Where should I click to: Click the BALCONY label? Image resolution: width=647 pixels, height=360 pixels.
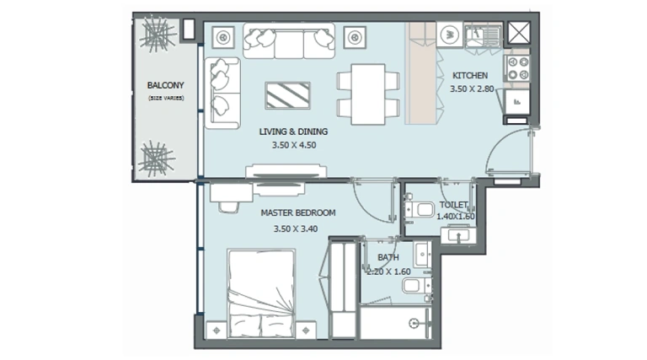tap(165, 85)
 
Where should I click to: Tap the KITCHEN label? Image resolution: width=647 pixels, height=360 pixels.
tap(470, 76)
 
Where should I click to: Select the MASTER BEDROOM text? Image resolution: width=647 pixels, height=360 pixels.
tap(298, 213)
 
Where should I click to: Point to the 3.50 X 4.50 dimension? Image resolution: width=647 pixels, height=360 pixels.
tap(294, 145)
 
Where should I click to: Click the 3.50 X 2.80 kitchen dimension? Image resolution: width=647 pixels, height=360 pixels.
tap(472, 89)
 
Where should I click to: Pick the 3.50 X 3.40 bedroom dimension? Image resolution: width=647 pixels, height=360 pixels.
tap(296, 228)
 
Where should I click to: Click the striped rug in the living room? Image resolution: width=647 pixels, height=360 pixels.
tap(287, 95)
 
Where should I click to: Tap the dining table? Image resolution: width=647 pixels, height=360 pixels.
tap(368, 94)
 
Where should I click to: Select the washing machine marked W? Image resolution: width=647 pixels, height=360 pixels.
tap(450, 35)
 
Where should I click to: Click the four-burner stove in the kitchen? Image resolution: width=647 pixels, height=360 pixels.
tap(518, 69)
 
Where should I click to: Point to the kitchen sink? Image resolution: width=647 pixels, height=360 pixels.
tap(483, 36)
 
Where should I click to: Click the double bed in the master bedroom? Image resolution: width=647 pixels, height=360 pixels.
tap(261, 294)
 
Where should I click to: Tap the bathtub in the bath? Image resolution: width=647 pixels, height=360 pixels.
tap(395, 322)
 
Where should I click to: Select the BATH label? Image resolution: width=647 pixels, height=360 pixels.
tap(388, 257)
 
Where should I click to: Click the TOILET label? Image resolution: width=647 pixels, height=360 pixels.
tap(453, 205)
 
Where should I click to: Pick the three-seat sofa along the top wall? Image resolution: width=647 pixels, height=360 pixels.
tap(289, 40)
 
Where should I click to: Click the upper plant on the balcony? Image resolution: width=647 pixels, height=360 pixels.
tap(158, 34)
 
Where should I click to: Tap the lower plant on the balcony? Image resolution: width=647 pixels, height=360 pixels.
tap(157, 159)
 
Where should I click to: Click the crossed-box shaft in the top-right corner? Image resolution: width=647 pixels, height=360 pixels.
tap(519, 33)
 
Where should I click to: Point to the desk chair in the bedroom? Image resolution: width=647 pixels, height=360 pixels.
tap(228, 207)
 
